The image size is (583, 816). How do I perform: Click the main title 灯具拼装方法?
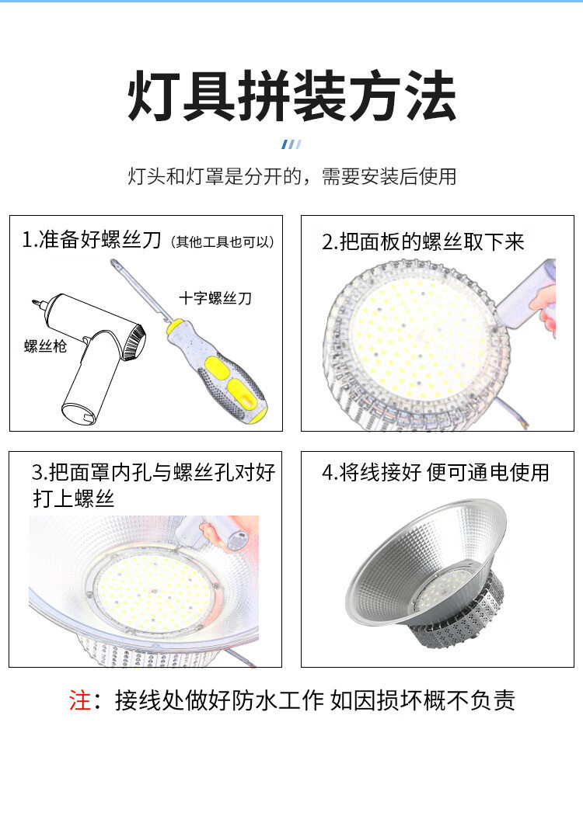(x=291, y=97)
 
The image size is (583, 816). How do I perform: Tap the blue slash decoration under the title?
(x=291, y=144)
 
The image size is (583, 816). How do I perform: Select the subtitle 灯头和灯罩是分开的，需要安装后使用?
(x=291, y=176)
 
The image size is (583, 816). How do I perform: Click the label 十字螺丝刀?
(x=215, y=298)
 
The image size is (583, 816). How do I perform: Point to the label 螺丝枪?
(x=46, y=346)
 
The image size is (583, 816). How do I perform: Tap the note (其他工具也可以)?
(x=222, y=242)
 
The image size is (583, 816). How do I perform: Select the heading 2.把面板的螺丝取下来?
(x=423, y=242)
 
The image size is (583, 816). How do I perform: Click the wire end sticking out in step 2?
(x=512, y=414)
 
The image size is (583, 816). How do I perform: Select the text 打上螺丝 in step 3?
(x=74, y=498)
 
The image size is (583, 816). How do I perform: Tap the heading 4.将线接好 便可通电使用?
(x=435, y=473)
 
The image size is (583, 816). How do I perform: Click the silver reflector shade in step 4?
(x=424, y=562)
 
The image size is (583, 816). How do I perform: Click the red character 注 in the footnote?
(x=80, y=700)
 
